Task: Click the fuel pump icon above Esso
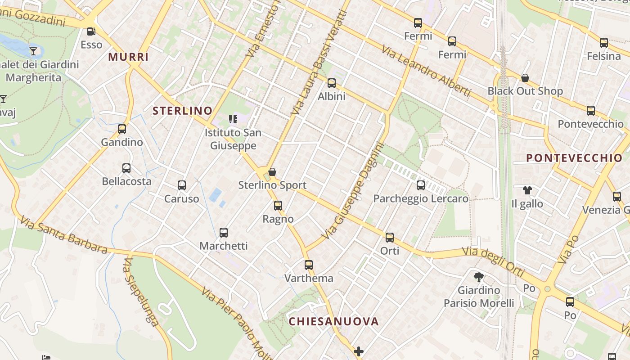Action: (x=91, y=31)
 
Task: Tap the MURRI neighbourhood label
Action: (x=128, y=57)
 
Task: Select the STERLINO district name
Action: (x=182, y=111)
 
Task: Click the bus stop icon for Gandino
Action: (x=121, y=129)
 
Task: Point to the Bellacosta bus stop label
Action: (x=126, y=181)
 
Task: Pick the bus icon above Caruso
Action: (x=182, y=185)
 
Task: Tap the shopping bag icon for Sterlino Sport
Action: (x=272, y=172)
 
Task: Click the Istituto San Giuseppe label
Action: (x=233, y=139)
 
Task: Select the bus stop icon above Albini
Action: (x=332, y=83)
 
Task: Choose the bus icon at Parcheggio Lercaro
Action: (x=421, y=185)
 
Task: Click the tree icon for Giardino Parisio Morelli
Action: (x=479, y=277)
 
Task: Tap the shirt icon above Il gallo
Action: (x=527, y=191)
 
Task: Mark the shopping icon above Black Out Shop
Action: (x=525, y=78)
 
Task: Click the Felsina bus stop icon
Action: (x=604, y=43)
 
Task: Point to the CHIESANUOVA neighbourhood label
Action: (x=333, y=321)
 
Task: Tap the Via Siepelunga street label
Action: (x=140, y=292)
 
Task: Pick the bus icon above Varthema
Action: (x=308, y=265)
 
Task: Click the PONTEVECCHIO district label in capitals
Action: (x=574, y=158)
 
